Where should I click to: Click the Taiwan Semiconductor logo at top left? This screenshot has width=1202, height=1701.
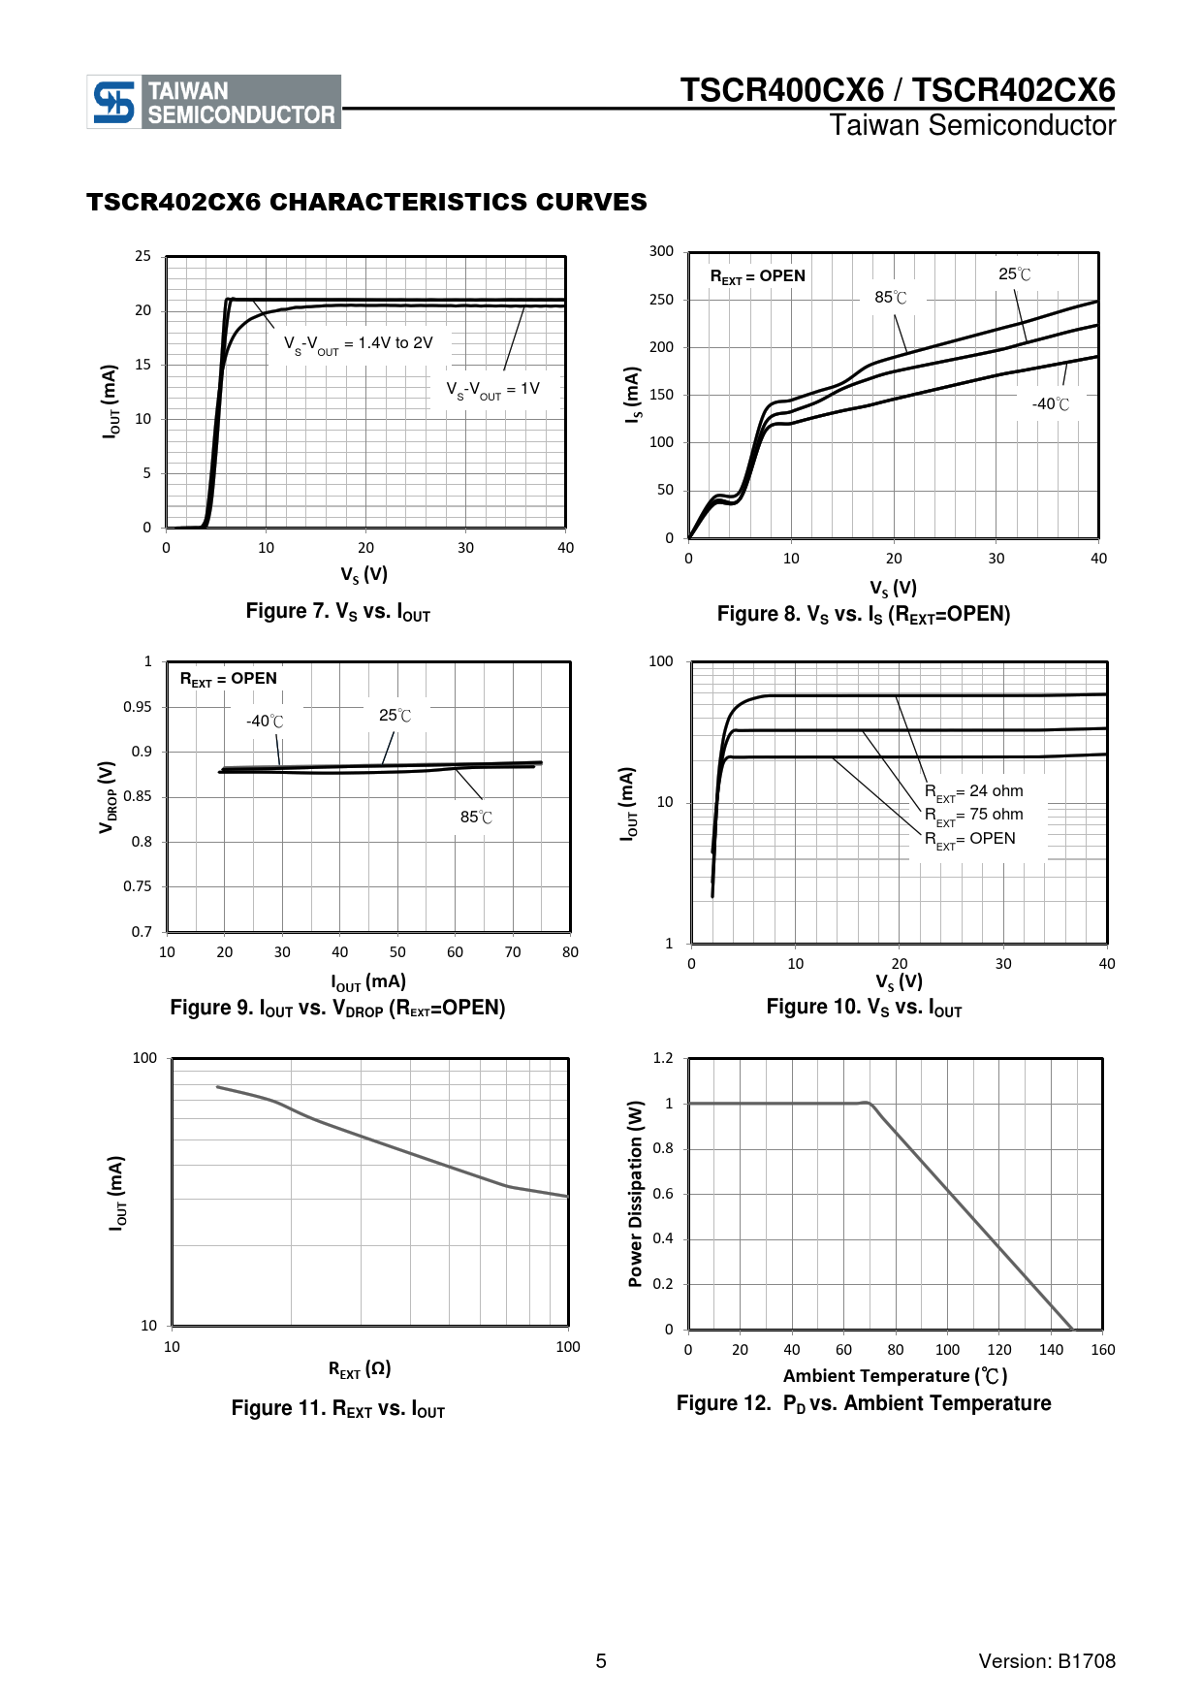pyautogui.click(x=213, y=102)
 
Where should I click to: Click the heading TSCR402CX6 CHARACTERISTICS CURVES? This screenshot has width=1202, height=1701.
pyautogui.click(x=366, y=202)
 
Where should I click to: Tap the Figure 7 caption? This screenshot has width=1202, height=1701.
pyautogui.click(x=337, y=612)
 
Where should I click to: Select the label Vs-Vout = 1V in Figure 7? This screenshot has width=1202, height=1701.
pyautogui.click(x=492, y=390)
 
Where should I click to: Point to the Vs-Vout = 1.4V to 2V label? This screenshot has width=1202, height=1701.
pyautogui.click(x=358, y=344)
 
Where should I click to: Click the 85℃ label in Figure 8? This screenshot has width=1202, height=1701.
pyautogui.click(x=891, y=298)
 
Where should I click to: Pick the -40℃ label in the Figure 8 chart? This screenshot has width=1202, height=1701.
pyautogui.click(x=1051, y=404)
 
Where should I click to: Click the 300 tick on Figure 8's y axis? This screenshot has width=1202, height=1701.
pyautogui.click(x=661, y=251)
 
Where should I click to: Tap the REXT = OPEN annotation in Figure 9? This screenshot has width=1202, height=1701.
pyautogui.click(x=229, y=679)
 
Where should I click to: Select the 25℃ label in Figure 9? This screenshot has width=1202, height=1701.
pyautogui.click(x=395, y=716)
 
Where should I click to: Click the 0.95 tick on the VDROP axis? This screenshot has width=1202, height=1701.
pyautogui.click(x=138, y=707)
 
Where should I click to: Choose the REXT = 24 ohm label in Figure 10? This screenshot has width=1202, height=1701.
pyautogui.click(x=973, y=791)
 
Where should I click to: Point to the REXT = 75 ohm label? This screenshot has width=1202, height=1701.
pyautogui.click(x=973, y=815)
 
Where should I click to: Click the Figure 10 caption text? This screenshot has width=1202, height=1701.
pyautogui.click(x=864, y=1008)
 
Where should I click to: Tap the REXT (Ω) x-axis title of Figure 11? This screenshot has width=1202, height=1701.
pyautogui.click(x=360, y=1369)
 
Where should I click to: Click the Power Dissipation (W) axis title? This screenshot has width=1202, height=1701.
pyautogui.click(x=636, y=1193)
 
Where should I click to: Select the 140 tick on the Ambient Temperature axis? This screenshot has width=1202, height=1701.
pyautogui.click(x=1051, y=1350)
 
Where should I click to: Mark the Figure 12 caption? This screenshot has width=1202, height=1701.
pyautogui.click(x=863, y=1403)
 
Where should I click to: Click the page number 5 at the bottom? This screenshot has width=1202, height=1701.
pyautogui.click(x=601, y=1661)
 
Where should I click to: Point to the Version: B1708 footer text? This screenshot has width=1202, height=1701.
pyautogui.click(x=1047, y=1661)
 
